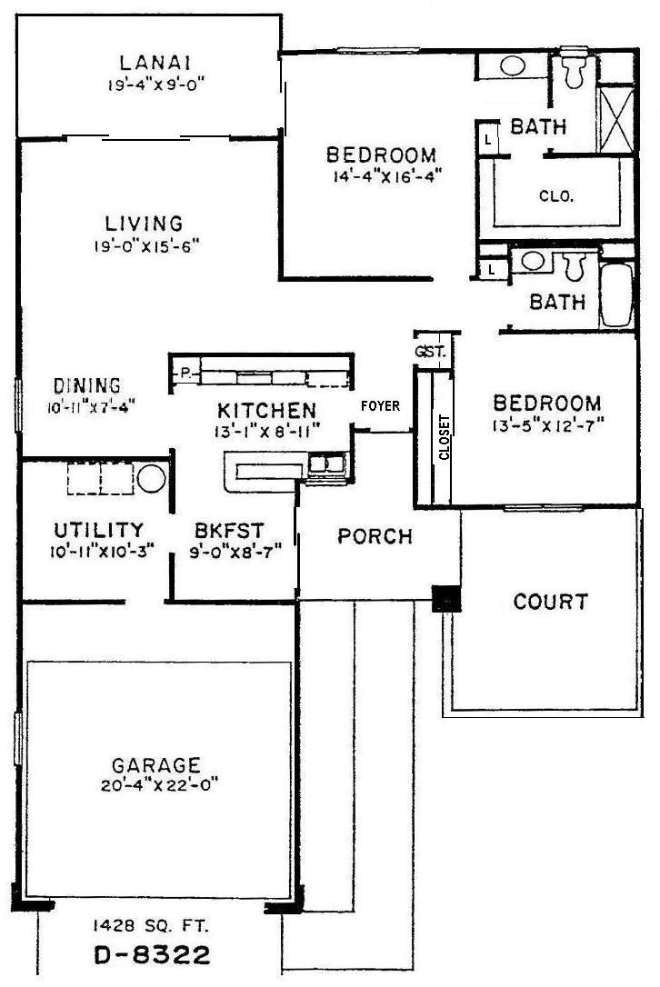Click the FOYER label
(x=380, y=406)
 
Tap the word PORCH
(x=375, y=536)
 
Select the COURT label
(x=551, y=602)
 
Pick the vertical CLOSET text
(x=444, y=439)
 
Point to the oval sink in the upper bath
(x=514, y=66)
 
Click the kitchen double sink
(x=325, y=464)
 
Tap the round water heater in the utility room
(x=151, y=478)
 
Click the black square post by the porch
(x=445, y=597)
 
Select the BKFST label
(x=224, y=530)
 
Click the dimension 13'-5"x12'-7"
(x=547, y=423)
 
